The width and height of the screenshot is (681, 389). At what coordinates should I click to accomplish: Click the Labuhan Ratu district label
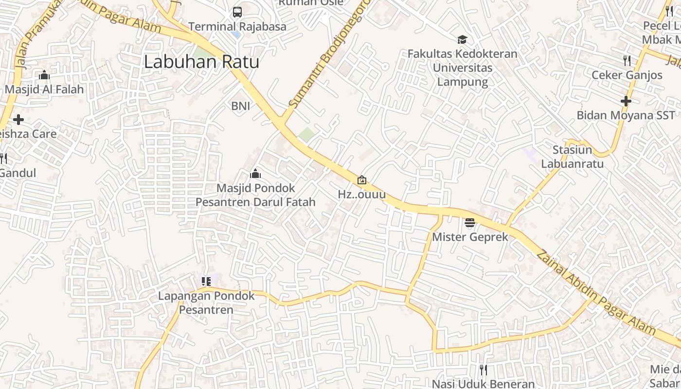(201, 62)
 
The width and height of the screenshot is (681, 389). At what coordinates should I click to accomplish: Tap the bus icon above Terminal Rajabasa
(237, 12)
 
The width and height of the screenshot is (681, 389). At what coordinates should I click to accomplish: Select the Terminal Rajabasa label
(237, 26)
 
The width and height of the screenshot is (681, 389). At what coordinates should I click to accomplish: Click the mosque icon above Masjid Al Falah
(44, 75)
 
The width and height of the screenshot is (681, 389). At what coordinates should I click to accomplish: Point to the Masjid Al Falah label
(44, 89)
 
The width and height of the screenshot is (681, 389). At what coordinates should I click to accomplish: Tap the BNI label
(240, 106)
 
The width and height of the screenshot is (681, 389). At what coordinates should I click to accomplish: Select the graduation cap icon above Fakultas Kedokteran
(462, 40)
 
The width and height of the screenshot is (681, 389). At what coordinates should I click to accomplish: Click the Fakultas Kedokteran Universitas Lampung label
(462, 68)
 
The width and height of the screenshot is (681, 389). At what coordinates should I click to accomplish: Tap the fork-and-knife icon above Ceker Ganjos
(627, 61)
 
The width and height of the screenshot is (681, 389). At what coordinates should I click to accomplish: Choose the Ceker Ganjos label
(627, 75)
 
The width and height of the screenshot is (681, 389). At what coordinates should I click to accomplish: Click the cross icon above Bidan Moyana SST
(626, 101)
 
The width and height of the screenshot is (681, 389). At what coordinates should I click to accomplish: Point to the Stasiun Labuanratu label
(573, 156)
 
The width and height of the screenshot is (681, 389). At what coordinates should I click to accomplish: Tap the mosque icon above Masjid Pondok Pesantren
(255, 174)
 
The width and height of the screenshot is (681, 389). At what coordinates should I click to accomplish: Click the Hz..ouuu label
(362, 194)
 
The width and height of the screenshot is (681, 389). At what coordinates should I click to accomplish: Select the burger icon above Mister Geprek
(470, 223)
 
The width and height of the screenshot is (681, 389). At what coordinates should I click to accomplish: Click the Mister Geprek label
(470, 237)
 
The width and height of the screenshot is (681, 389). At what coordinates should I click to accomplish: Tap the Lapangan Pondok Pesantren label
(206, 302)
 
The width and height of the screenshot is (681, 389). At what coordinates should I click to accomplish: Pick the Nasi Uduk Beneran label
(483, 384)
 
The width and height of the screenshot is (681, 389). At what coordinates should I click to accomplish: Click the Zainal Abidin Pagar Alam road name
(595, 292)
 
